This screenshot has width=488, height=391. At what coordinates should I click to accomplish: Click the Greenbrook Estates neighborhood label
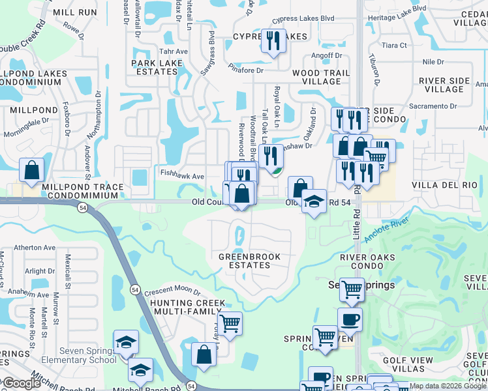coord(249,261)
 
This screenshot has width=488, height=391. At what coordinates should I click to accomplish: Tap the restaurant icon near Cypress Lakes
coord(273,41)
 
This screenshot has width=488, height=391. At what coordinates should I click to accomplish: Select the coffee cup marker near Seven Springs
coord(350,320)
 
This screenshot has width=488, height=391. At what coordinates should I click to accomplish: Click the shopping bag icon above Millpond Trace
coord(32,171)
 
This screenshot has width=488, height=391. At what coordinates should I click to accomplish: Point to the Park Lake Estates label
coord(157,67)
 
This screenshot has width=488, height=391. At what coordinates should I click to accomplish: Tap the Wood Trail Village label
coord(316,77)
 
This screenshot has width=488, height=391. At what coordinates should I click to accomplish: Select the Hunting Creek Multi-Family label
coord(188,308)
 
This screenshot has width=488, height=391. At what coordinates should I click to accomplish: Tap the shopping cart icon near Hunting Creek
coord(230,323)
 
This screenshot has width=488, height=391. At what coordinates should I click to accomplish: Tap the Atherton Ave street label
coord(35,248)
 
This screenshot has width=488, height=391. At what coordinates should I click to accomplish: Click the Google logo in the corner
coord(21,383)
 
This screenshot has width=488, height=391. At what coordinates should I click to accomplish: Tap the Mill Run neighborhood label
coord(74,12)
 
